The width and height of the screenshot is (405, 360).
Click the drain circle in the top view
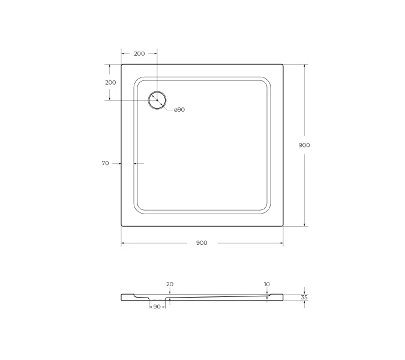(157, 100)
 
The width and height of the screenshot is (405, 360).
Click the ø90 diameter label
(179, 110)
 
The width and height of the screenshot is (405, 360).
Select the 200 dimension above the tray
(139, 54)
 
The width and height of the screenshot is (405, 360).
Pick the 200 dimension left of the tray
(110, 82)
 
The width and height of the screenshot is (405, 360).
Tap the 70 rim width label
(106, 163)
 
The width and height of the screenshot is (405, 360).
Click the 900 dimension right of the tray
(304, 145)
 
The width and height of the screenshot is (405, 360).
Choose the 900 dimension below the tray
(202, 243)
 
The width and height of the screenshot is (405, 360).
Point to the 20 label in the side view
(169, 284)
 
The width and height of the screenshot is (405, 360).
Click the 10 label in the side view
(266, 284)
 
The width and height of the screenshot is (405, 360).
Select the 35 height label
(304, 297)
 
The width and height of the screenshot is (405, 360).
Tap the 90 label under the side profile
(157, 307)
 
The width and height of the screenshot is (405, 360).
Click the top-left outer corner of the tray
(122, 65)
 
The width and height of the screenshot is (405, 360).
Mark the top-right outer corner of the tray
(283, 65)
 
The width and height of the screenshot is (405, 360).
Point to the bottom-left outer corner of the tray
(122, 226)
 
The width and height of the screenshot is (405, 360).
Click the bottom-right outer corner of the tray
(283, 226)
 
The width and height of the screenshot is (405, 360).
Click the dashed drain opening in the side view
(157, 299)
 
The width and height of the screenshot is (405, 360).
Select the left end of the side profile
(122, 297)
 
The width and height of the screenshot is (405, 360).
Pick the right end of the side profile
(283, 297)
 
